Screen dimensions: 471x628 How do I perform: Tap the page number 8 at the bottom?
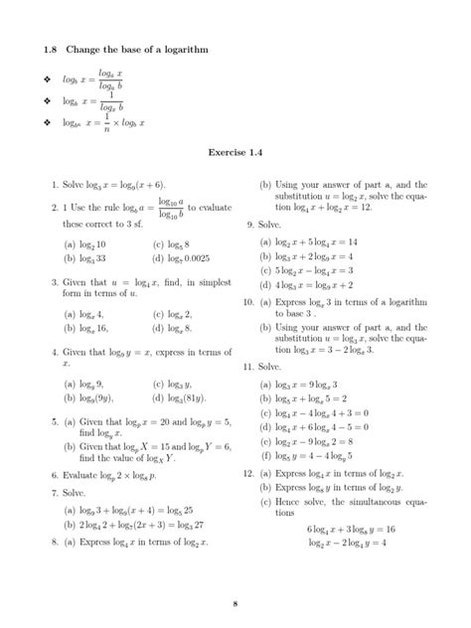coord(235,602)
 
